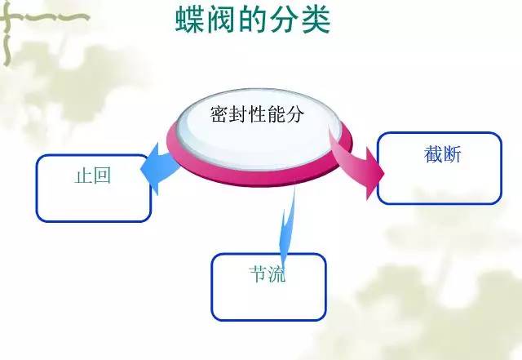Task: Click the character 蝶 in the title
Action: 190,20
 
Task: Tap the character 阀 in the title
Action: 221,20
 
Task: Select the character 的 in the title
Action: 252,20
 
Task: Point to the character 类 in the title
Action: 316,20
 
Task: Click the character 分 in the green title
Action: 284,20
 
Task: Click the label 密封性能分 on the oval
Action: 258,114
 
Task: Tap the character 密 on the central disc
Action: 219,114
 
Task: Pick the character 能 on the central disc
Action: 276,114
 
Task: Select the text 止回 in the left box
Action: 92,176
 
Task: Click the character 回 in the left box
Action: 102,176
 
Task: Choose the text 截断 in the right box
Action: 442,154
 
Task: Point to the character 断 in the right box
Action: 452,154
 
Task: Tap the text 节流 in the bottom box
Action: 268,274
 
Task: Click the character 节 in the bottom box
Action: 258,274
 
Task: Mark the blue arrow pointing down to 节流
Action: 287,227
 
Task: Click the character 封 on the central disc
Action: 238,114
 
